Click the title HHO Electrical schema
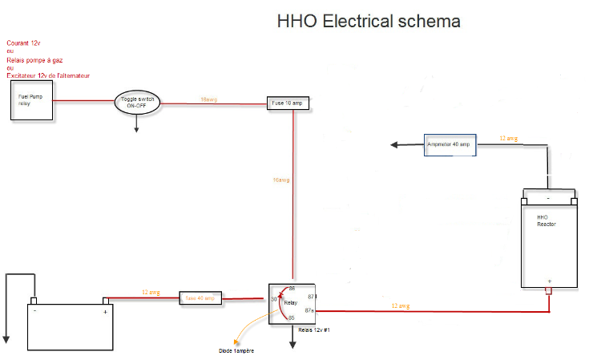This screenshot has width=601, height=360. [369, 21]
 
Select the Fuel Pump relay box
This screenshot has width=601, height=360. [32, 100]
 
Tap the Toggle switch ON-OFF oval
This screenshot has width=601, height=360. [139, 102]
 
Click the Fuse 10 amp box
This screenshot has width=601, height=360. [287, 103]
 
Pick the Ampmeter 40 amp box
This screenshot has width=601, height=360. [450, 144]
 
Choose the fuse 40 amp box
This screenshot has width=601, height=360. [200, 298]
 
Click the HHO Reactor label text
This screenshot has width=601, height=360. [546, 220]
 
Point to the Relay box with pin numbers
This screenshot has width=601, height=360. [292, 303]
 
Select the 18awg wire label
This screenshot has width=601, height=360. [208, 99]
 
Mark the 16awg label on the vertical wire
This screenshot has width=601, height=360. [280, 180]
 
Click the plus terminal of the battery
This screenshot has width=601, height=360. [105, 311]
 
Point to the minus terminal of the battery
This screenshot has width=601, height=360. [34, 311]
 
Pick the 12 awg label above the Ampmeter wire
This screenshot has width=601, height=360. [508, 139]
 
